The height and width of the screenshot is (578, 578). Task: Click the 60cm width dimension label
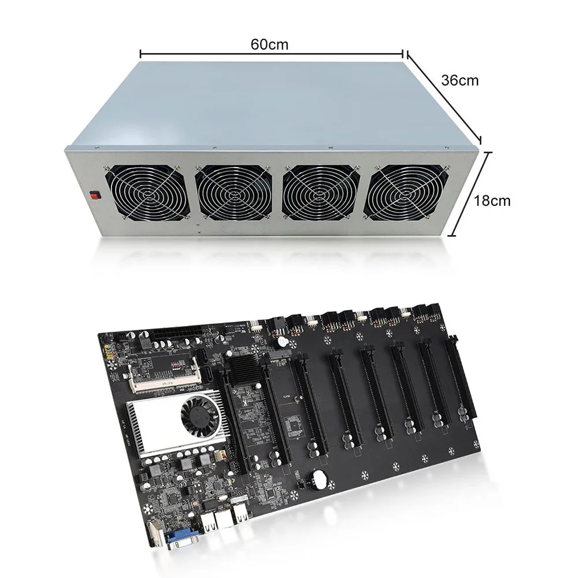click(x=269, y=44)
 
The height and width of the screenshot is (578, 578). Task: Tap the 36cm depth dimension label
click(x=460, y=80)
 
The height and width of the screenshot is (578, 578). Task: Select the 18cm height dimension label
click(x=492, y=201)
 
